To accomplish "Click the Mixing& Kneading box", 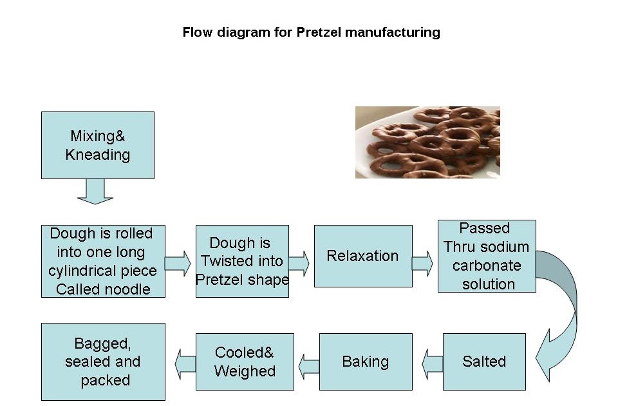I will click(x=98, y=145).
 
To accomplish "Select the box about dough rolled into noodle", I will click(x=103, y=261).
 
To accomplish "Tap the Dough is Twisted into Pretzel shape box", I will click(x=242, y=261).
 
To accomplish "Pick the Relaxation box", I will click(x=363, y=256).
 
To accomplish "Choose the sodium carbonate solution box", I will click(x=487, y=256).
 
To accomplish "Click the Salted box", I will click(x=484, y=362).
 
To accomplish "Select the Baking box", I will click(x=366, y=362).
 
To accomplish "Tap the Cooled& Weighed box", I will click(x=245, y=362).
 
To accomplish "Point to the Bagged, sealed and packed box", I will click(x=103, y=362).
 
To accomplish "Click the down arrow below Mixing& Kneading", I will click(x=95, y=191).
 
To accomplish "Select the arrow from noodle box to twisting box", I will click(x=178, y=263).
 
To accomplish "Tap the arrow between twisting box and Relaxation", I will click(x=299, y=263).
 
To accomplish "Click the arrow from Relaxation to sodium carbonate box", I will click(x=422, y=263).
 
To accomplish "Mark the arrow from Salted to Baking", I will click(x=433, y=364).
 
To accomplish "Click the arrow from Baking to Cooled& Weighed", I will click(x=309, y=365).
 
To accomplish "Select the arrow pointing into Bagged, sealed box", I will click(x=186, y=364).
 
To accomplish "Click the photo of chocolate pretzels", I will click(x=427, y=142).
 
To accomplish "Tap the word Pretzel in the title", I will click(x=319, y=32).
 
